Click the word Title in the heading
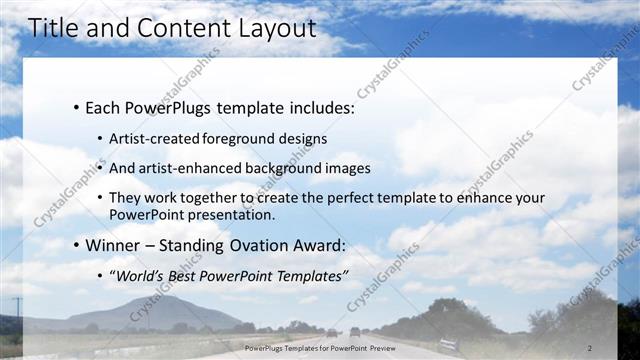tap(55, 29)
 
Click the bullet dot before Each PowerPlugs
tap(76, 107)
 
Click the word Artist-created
tap(155, 138)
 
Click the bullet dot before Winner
tap(76, 246)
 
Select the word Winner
tap(113, 246)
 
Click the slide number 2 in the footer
tap(590, 348)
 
